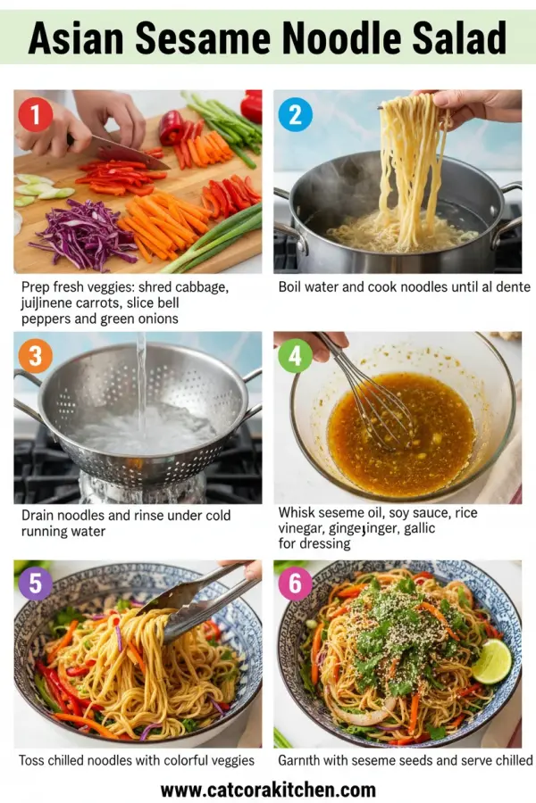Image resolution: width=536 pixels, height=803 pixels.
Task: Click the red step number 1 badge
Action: tap(37, 115)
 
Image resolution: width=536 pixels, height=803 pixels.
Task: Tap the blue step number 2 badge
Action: tap(295, 115)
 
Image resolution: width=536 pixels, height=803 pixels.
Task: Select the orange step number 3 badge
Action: tap(35, 357)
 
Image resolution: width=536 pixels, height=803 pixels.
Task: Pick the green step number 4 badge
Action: tap(295, 356)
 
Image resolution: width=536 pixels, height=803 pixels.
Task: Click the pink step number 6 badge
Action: tap(296, 585)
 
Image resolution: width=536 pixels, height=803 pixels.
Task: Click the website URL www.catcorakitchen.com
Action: tap(268, 790)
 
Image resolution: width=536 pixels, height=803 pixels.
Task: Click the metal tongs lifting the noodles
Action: tap(192, 602)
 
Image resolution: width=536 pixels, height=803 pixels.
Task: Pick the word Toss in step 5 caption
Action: tap(34, 760)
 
